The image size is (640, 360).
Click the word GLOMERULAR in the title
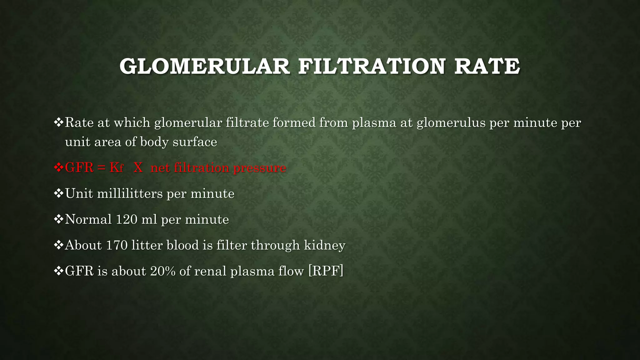(205, 66)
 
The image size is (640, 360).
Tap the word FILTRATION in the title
(372, 66)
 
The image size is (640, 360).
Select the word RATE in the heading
(487, 66)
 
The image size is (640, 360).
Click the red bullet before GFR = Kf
(58, 167)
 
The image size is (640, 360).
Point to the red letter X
(138, 168)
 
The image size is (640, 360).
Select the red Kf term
(116, 168)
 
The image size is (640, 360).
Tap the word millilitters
(130, 194)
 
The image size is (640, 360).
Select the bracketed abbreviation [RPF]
(326, 271)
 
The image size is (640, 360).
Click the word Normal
(88, 219)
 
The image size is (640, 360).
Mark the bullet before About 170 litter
(58, 245)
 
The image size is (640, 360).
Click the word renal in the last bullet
(210, 271)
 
